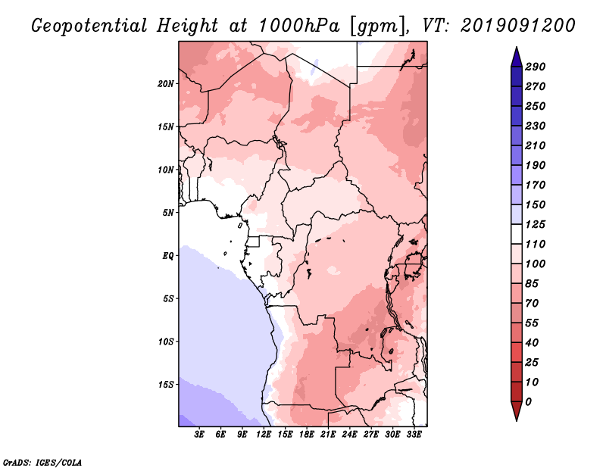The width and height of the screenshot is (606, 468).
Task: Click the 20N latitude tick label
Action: click(166, 84)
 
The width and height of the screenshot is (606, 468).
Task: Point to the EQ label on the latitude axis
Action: click(168, 256)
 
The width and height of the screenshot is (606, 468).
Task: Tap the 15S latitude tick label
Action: click(166, 385)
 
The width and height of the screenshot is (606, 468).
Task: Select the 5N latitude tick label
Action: click(168, 213)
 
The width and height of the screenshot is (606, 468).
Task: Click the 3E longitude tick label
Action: click(199, 434)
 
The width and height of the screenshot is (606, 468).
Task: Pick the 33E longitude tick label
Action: click(414, 434)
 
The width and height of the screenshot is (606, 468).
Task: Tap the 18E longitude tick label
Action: click(307, 434)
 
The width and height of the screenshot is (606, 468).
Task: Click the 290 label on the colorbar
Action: click(536, 67)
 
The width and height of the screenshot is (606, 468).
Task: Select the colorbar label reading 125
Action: click(536, 224)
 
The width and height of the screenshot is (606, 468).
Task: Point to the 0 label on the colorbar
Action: click(528, 402)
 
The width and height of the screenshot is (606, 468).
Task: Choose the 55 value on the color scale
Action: click(532, 323)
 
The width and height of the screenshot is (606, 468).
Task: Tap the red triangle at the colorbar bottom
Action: click(517, 410)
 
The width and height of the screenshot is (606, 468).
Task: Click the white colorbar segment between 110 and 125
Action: click(517, 234)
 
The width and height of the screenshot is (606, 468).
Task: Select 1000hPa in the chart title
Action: click(298, 26)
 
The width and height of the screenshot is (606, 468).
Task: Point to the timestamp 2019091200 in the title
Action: click(518, 26)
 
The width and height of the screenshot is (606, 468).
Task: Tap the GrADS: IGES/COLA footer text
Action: click(42, 462)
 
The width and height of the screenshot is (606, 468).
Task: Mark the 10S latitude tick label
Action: click(166, 342)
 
